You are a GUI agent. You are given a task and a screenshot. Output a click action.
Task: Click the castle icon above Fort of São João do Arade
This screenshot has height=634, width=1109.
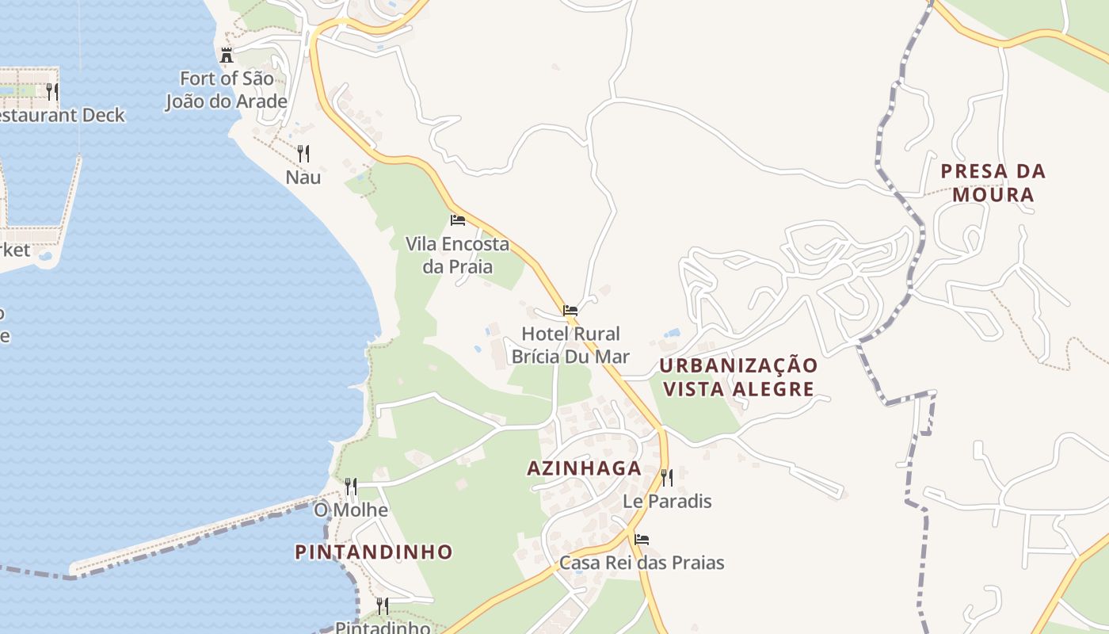(x=227, y=55)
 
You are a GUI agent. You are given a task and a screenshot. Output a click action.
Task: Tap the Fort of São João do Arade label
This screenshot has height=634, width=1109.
(x=226, y=90)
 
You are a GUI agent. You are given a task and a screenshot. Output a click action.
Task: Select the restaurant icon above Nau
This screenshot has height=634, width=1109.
(x=303, y=154)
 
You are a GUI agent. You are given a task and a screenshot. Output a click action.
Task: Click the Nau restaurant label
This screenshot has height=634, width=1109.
(x=303, y=177)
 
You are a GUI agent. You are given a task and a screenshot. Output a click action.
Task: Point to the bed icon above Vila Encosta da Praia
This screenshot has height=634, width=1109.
(x=457, y=220)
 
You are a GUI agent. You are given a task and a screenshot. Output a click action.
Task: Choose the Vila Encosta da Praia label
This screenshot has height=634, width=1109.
(x=457, y=255)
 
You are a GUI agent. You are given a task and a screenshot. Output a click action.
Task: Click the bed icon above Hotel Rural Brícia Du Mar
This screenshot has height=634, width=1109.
(x=570, y=311)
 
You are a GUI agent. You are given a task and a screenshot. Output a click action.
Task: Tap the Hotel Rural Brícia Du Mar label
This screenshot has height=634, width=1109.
(x=570, y=345)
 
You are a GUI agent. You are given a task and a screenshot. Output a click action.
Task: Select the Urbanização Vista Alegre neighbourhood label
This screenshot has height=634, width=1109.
(x=738, y=377)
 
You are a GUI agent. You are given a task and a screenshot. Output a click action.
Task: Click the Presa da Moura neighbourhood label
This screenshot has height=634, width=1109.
(x=993, y=183)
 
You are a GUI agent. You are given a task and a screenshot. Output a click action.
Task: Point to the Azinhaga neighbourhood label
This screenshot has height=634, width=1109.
(x=585, y=468)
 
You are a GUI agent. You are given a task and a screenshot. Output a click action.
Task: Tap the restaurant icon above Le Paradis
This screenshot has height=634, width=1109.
(x=667, y=477)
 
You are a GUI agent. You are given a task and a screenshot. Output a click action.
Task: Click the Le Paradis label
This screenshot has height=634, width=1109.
(x=667, y=502)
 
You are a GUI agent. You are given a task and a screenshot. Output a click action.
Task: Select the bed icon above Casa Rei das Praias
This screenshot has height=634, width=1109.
(x=642, y=540)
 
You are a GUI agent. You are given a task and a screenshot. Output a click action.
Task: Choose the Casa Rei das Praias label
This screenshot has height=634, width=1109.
(x=642, y=563)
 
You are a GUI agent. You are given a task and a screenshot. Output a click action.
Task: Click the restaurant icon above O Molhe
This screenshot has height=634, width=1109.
(x=350, y=486)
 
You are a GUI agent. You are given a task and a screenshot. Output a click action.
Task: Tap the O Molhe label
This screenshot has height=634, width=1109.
(x=351, y=510)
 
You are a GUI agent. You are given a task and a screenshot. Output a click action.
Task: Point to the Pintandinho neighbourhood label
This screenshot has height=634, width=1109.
(x=374, y=552)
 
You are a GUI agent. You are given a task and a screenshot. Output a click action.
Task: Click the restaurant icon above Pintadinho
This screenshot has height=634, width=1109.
(x=383, y=606)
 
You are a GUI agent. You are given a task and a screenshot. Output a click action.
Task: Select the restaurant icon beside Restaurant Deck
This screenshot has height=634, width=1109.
(x=52, y=91)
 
